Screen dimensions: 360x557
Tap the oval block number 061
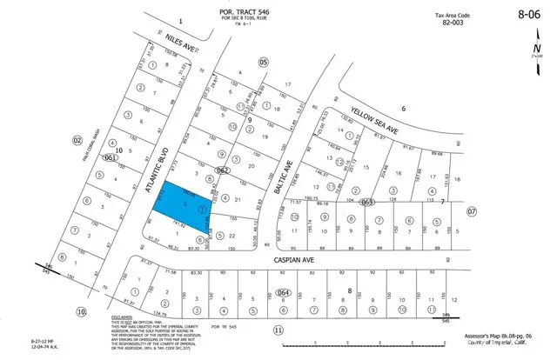coord(110,158)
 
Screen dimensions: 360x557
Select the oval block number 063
coord(367,202)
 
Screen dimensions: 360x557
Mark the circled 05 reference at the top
coord(263,62)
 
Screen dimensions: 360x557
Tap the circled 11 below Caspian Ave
coord(278,330)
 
